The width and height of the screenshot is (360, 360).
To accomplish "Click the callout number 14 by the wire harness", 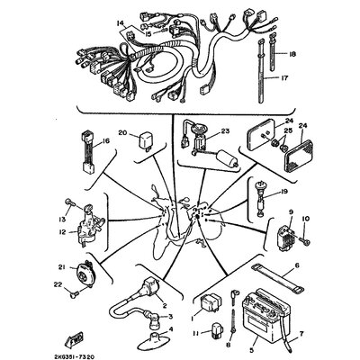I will point(119,22).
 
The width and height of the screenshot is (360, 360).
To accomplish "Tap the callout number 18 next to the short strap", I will point(292,55).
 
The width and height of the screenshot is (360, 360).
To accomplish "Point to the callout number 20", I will point(121,133).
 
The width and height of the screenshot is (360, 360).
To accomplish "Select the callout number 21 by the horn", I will point(60,267).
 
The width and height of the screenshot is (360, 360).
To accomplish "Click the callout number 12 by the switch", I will point(61,229).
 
